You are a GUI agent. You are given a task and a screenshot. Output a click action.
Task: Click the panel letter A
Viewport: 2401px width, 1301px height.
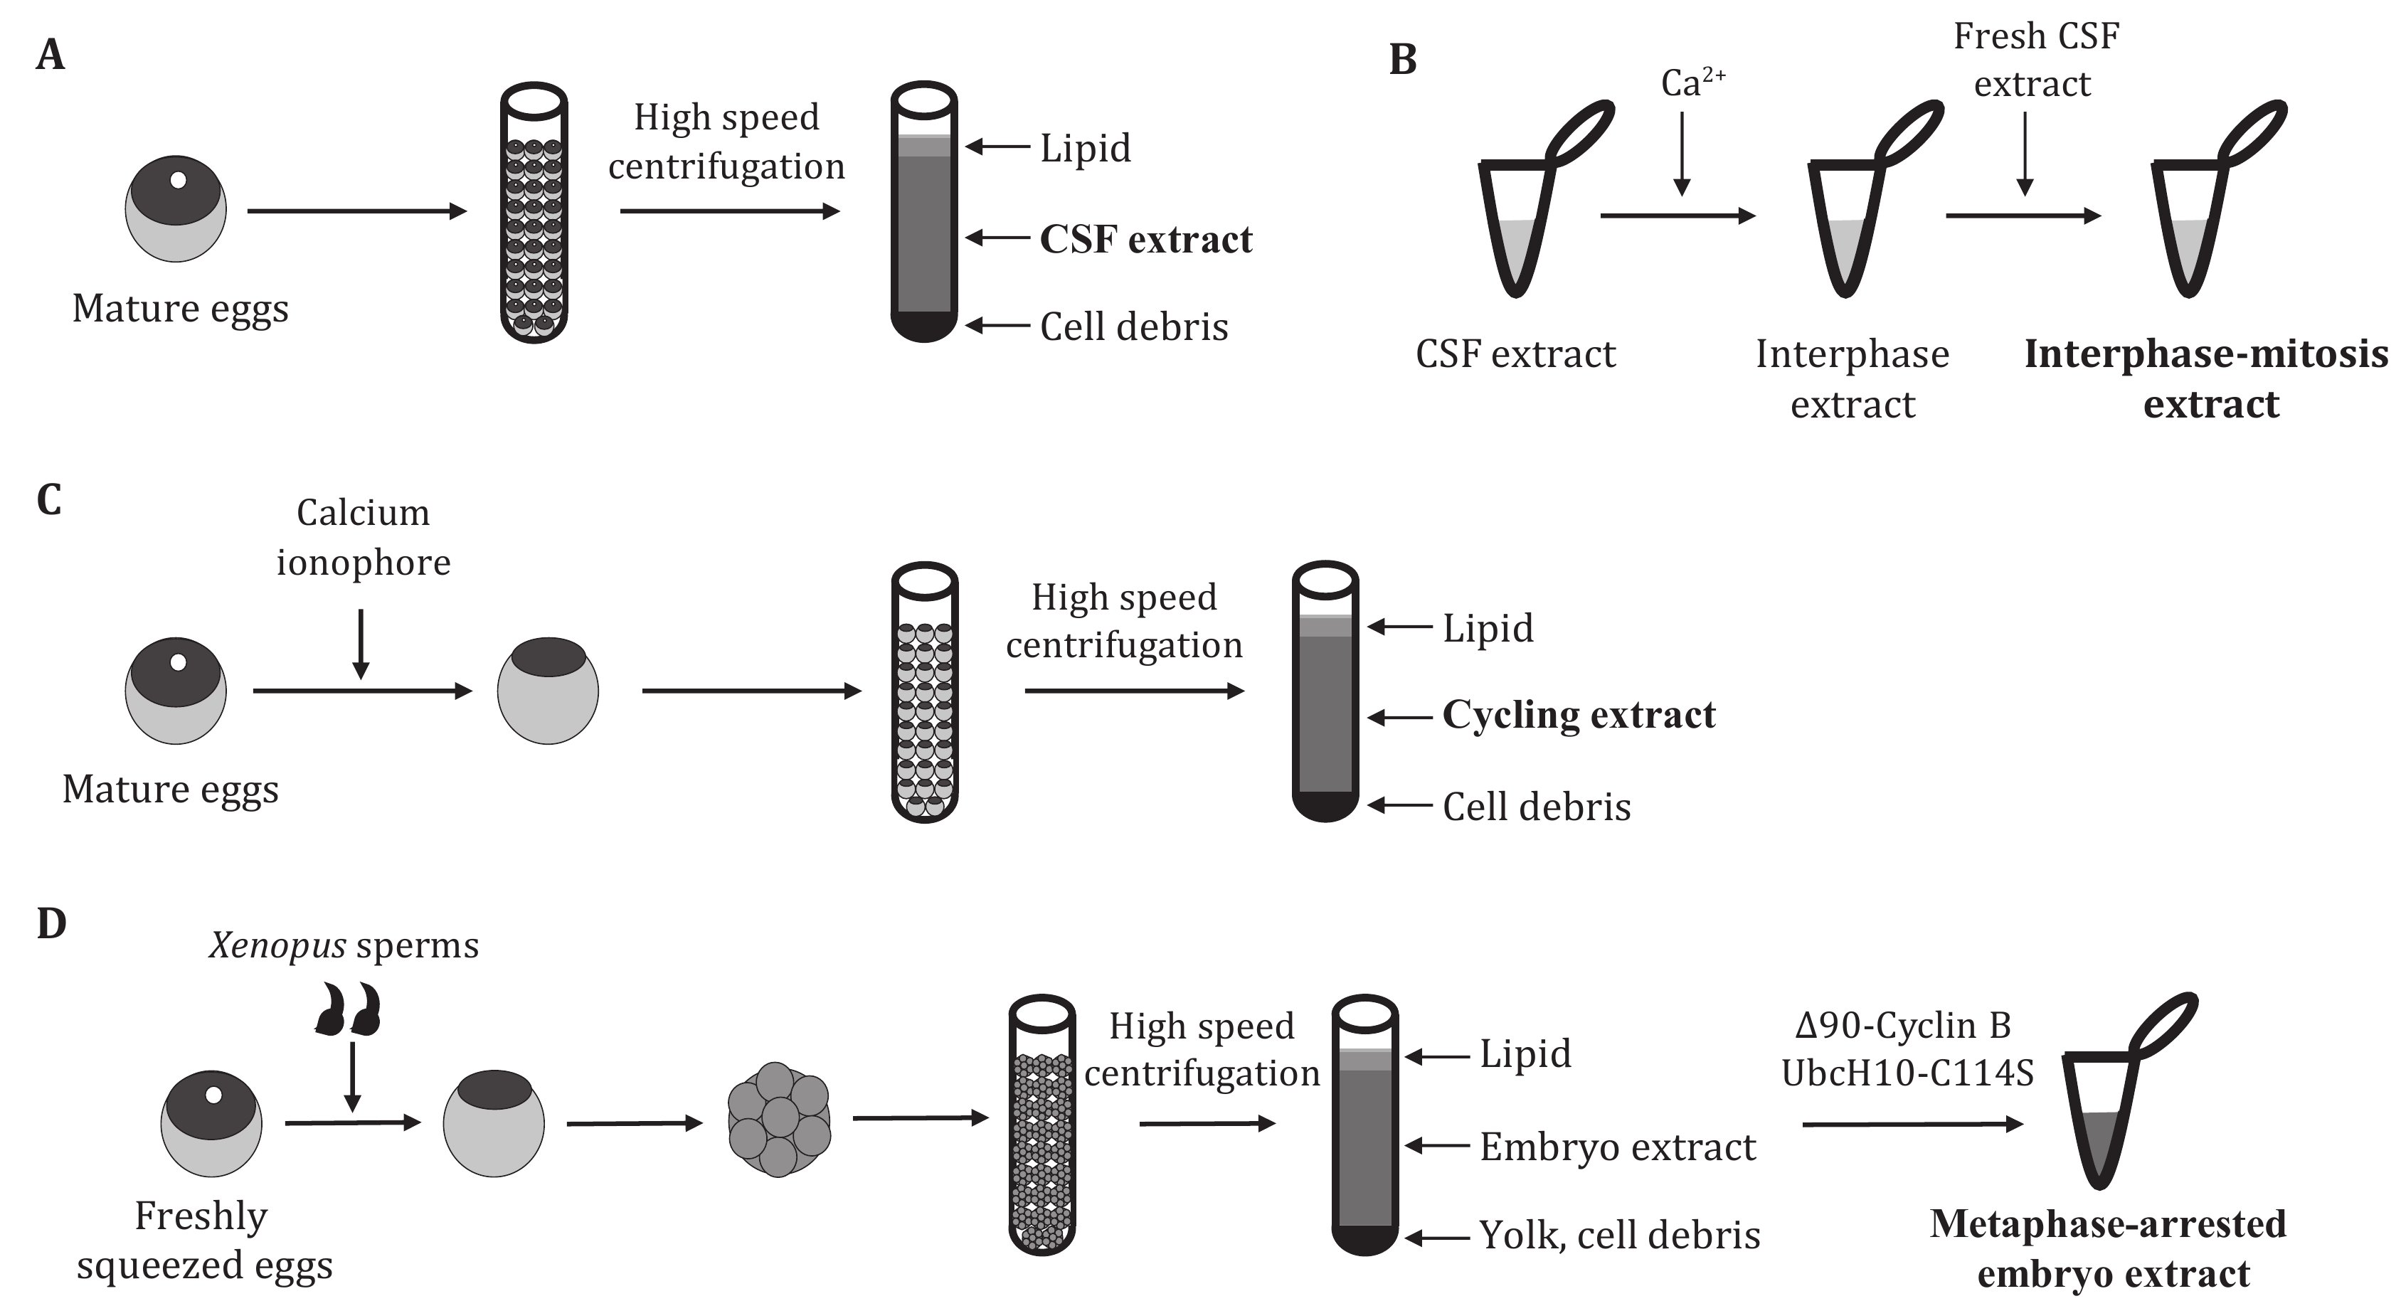pyautogui.click(x=51, y=55)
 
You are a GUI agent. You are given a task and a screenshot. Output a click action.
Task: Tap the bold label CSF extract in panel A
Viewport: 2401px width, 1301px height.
pyautogui.click(x=1145, y=240)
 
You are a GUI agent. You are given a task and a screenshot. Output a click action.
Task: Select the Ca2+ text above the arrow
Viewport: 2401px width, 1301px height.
pyautogui.click(x=1692, y=83)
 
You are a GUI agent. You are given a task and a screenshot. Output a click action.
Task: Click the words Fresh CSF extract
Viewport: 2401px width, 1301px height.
pyautogui.click(x=2035, y=60)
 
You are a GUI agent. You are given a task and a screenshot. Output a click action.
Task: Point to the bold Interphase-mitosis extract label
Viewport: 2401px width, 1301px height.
pyautogui.click(x=2206, y=378)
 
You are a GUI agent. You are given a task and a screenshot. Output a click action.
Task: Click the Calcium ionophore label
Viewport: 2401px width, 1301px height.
pyautogui.click(x=363, y=537)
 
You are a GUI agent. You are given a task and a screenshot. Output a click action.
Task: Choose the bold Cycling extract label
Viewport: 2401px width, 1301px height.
pyautogui.click(x=1578, y=715)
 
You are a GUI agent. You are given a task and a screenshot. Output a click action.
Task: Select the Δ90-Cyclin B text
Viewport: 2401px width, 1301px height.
pyautogui.click(x=1902, y=1025)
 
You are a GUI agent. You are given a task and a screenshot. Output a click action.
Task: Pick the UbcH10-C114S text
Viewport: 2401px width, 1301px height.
pyautogui.click(x=1907, y=1073)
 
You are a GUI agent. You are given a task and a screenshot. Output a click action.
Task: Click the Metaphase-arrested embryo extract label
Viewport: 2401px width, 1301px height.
pyautogui.click(x=2109, y=1248)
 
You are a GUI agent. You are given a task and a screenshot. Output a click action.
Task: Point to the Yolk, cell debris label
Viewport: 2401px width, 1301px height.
pyautogui.click(x=1620, y=1235)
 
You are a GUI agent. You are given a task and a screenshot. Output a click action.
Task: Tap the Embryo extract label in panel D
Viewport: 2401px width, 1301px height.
pyautogui.click(x=1617, y=1147)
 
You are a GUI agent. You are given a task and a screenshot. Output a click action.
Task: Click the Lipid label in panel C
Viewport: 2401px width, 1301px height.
pyautogui.click(x=1488, y=627)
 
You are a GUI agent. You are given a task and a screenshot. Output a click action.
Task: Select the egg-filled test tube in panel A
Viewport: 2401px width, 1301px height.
pyautogui.click(x=534, y=213)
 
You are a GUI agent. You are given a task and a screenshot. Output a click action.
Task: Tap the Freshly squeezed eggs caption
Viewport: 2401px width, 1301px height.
pyautogui.click(x=203, y=1241)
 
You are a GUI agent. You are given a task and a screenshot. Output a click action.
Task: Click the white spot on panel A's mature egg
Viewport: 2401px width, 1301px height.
pyautogui.click(x=178, y=180)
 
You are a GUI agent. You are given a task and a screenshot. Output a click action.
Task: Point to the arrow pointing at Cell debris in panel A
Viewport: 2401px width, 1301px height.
pyautogui.click(x=997, y=325)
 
